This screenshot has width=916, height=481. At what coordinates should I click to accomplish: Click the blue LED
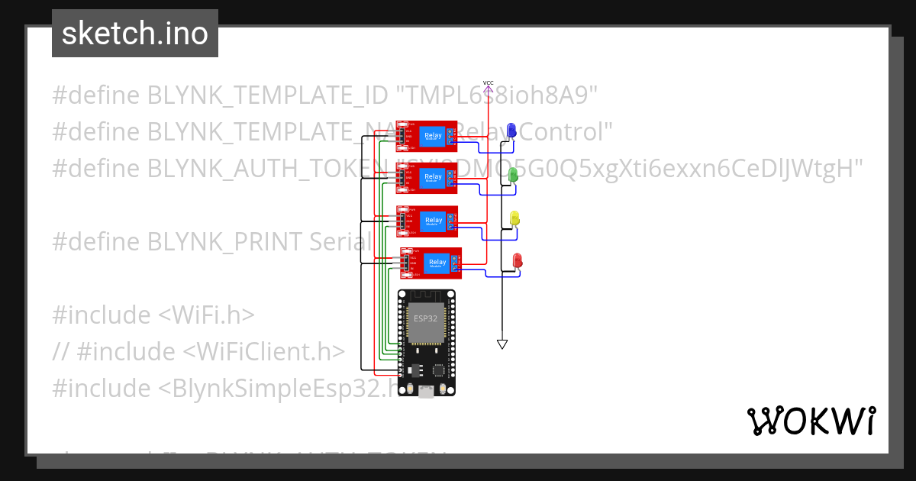click(x=511, y=130)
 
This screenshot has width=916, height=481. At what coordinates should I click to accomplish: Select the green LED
click(x=514, y=174)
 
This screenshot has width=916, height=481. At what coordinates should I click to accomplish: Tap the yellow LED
click(x=514, y=218)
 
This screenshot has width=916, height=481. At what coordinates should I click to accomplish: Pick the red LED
click(x=517, y=261)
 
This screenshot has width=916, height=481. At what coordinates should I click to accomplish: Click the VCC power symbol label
click(x=489, y=82)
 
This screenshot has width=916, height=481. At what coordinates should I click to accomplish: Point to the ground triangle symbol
click(x=502, y=344)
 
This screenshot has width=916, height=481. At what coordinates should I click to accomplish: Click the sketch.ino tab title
click(x=135, y=34)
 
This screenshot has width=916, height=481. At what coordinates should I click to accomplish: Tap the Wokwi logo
click(x=811, y=421)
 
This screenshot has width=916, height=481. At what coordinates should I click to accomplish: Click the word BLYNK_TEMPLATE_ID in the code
click(x=267, y=95)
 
